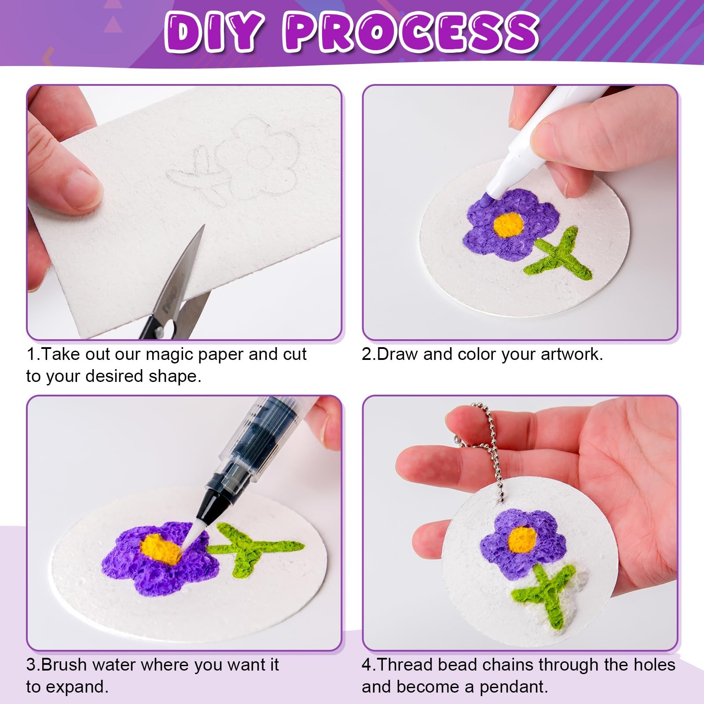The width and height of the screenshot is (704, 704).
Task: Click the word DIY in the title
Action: pyautogui.click(x=214, y=32)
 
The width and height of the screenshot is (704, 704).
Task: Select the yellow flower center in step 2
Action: pyautogui.click(x=509, y=224)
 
